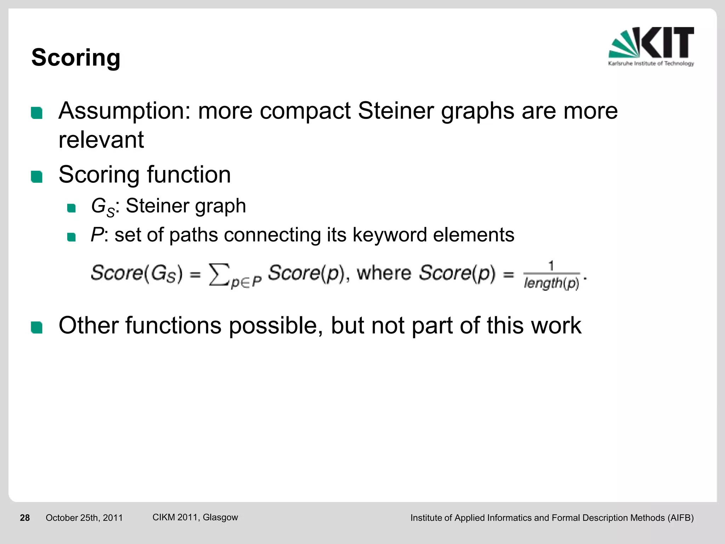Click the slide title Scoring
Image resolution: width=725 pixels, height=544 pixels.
pyautogui.click(x=76, y=57)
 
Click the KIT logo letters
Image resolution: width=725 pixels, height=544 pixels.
pyautogui.click(x=667, y=42)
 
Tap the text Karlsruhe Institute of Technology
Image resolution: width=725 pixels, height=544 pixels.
pyautogui.click(x=651, y=64)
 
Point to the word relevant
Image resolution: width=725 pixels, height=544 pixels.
pyautogui.click(x=101, y=140)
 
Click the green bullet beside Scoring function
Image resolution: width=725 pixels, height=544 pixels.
pyautogui.click(x=37, y=176)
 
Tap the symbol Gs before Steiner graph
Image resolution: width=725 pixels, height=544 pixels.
pyautogui.click(x=102, y=207)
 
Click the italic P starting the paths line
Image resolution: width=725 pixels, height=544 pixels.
pyautogui.click(x=97, y=234)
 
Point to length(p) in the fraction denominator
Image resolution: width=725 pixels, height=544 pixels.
pyautogui.click(x=551, y=283)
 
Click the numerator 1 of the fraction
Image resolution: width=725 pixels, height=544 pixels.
pyautogui.click(x=551, y=266)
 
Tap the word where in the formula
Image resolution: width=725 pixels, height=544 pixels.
pyautogui.click(x=384, y=273)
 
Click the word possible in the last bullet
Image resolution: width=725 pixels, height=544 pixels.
pyautogui.click(x=275, y=326)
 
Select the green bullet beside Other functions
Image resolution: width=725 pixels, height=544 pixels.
pyautogui.click(x=37, y=327)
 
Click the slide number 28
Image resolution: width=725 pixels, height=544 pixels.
pyautogui.click(x=25, y=518)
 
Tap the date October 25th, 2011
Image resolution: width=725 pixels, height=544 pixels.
pyautogui.click(x=84, y=518)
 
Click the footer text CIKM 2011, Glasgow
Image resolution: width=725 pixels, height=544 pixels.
pyautogui.click(x=195, y=517)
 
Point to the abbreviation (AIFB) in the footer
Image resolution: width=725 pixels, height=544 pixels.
pyautogui.click(x=680, y=518)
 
